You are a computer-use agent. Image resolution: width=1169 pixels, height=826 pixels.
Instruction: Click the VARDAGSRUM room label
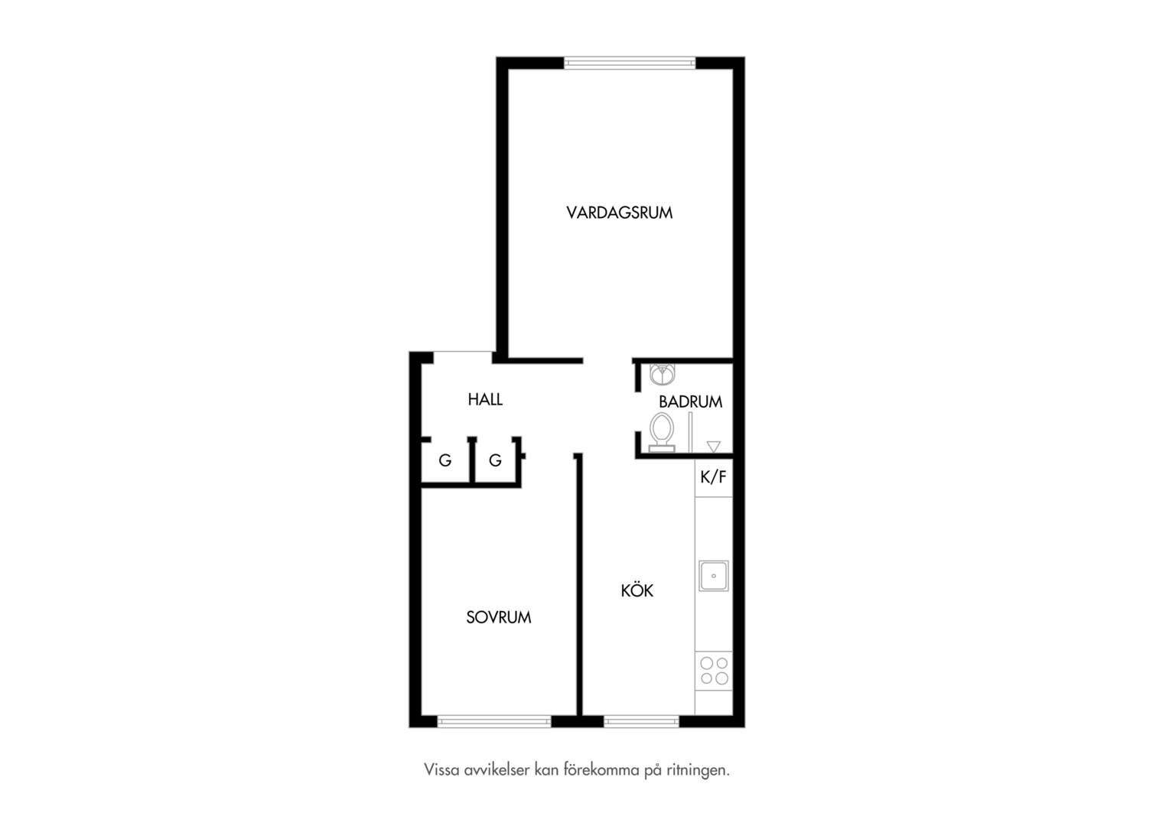click(620, 213)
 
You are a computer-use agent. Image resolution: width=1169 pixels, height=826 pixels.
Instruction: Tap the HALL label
click(485, 400)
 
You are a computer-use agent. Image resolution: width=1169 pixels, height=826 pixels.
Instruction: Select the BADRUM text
click(690, 402)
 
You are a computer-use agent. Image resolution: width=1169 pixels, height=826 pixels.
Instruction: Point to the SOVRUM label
click(498, 617)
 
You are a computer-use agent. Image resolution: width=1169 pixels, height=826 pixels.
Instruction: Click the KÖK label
click(637, 590)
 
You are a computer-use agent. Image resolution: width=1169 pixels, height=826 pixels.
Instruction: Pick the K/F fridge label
click(713, 477)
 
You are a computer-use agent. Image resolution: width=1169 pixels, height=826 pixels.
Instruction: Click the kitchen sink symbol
click(713, 576)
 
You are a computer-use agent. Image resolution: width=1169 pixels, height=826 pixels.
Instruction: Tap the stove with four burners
click(714, 671)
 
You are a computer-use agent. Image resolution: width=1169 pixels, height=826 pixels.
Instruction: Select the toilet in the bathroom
click(661, 433)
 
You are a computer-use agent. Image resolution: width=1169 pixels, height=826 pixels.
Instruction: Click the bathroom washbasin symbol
click(663, 373)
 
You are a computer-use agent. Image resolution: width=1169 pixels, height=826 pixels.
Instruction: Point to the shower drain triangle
click(713, 447)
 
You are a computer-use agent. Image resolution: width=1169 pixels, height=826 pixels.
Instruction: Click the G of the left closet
click(444, 460)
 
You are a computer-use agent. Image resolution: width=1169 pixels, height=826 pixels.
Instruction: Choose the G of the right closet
click(495, 460)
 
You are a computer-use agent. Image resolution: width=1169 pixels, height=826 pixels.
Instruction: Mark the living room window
click(630, 63)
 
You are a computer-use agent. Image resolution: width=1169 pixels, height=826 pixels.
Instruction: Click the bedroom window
click(493, 722)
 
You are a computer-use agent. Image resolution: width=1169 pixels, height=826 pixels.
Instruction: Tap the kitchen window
click(641, 722)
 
